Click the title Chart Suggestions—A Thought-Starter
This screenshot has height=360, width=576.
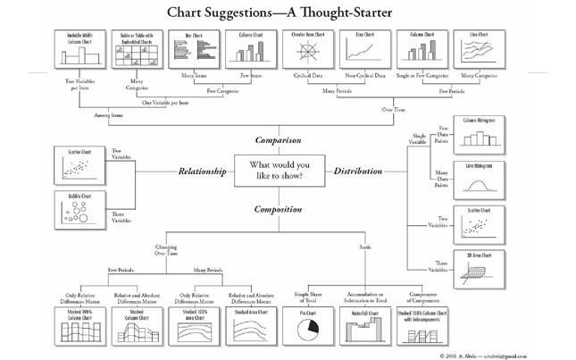[288, 12]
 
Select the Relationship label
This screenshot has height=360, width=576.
[201, 170]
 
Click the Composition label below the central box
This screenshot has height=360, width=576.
[280, 209]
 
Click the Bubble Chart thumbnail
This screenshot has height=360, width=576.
[82, 209]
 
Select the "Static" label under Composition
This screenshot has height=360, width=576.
[365, 247]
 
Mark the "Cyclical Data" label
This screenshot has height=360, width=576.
[305, 78]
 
